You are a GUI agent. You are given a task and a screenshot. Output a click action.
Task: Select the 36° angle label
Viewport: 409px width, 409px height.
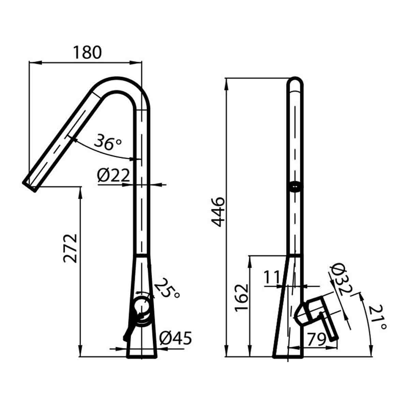pos(107,142)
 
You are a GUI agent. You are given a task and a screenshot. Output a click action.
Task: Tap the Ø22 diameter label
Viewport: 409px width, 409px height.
pos(113,176)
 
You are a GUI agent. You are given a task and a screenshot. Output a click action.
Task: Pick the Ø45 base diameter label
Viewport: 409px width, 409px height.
pos(176,338)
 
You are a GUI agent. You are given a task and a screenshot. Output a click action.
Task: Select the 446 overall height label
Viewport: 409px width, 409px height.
pos(217,211)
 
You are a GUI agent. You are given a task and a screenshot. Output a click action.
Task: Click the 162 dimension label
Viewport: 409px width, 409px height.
pos(242,297)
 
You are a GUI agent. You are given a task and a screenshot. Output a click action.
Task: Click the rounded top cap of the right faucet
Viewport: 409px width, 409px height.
pos(296,83)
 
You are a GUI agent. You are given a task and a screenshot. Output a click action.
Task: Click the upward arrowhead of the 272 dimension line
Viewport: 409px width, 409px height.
pos(80,191)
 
